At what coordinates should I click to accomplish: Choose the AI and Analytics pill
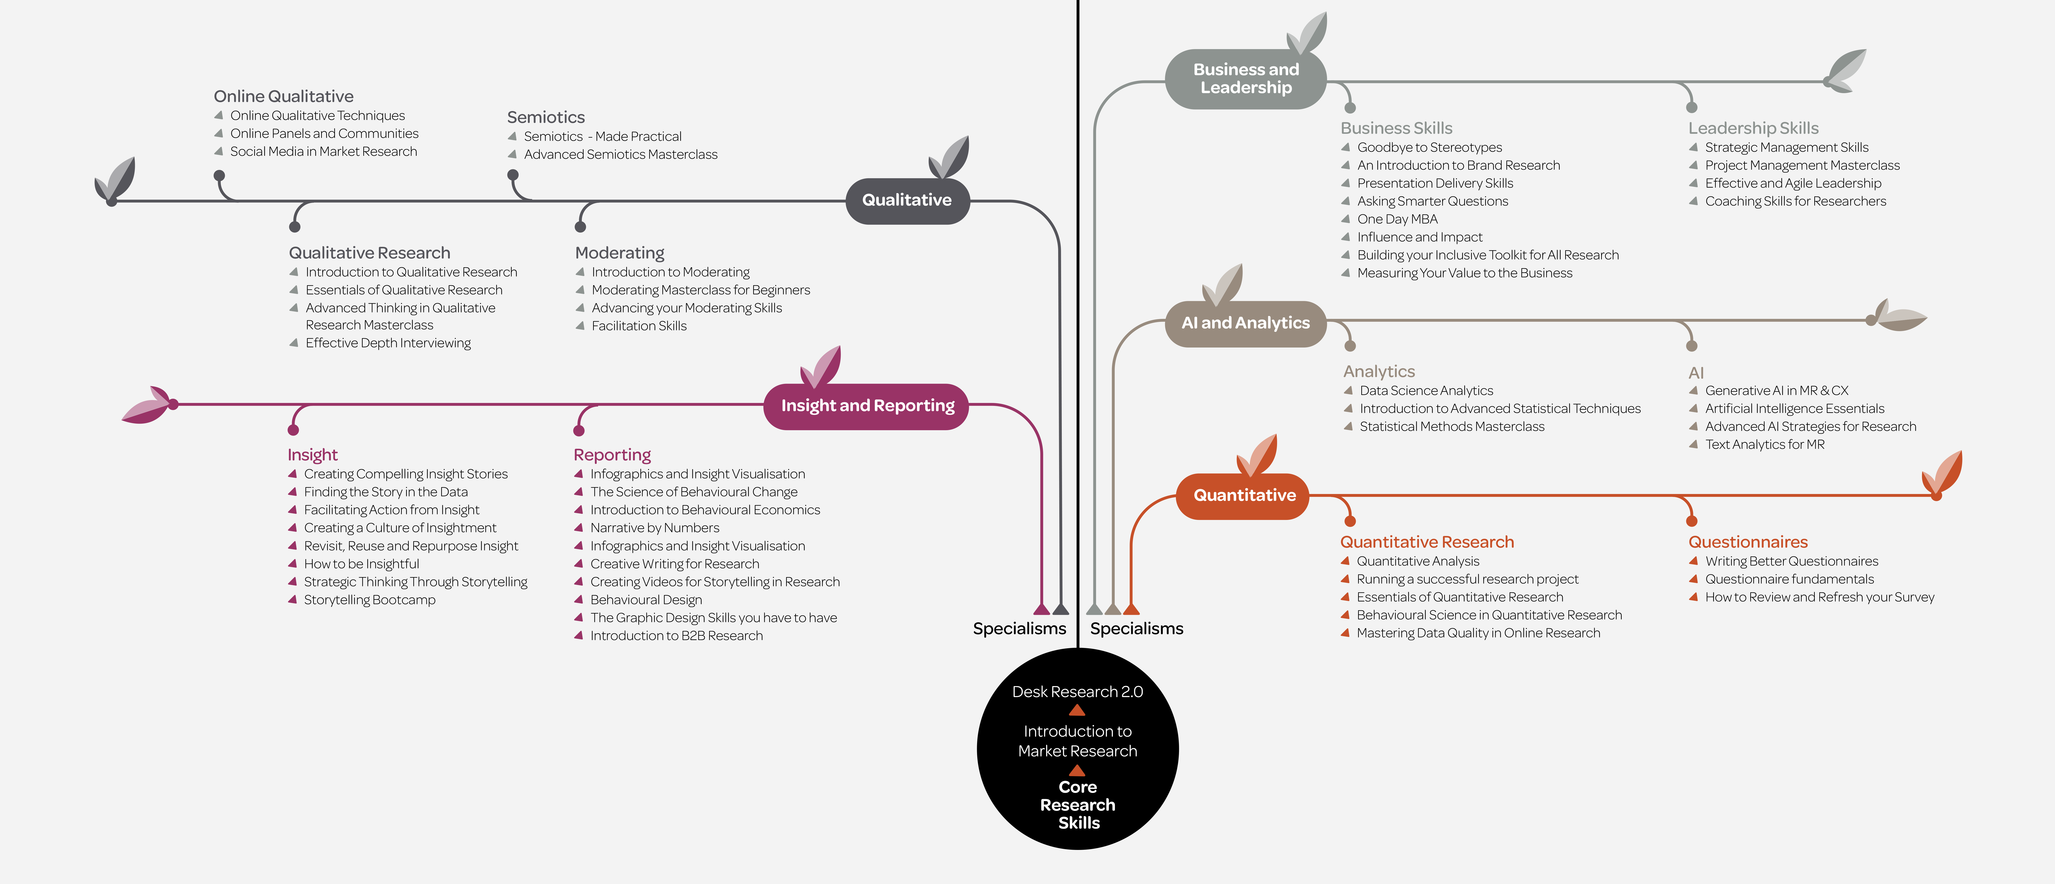1245,323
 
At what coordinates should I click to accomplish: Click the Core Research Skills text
1078,805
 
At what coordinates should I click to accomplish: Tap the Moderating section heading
620,253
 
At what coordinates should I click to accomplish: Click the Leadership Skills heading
1753,129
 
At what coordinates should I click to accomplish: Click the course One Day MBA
1398,219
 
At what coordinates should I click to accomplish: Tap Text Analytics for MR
1765,444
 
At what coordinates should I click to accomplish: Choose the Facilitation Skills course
639,325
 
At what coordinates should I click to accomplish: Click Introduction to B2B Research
676,636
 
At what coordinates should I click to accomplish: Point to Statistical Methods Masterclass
1452,427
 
